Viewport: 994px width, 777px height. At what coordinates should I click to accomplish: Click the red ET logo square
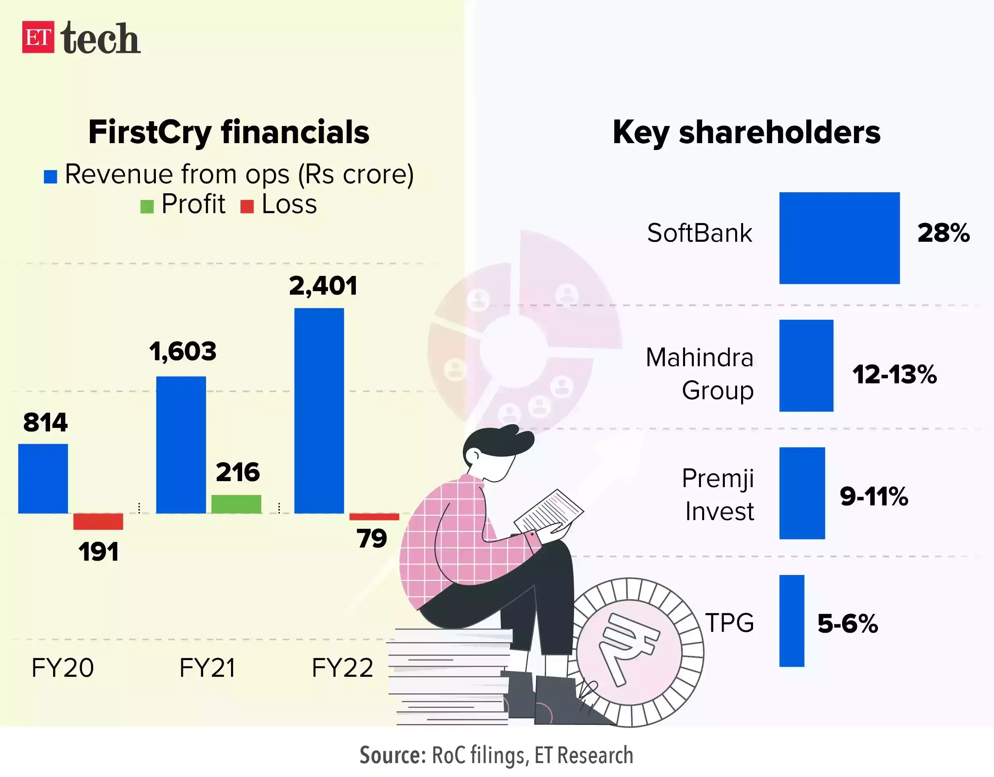click(x=38, y=37)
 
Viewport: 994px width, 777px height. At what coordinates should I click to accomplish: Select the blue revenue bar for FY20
click(x=43, y=478)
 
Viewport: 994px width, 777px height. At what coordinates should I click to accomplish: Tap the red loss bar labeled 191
click(x=98, y=522)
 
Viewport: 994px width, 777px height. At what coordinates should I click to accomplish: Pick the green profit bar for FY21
click(x=236, y=504)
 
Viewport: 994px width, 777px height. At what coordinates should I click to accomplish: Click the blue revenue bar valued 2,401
click(x=319, y=411)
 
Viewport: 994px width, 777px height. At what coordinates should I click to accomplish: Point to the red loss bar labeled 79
click(x=374, y=517)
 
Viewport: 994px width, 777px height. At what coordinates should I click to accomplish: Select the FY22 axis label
click(x=342, y=668)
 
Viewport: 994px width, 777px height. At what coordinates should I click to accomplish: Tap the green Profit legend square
click(x=147, y=207)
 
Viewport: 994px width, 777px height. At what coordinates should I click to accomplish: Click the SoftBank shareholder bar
click(x=839, y=238)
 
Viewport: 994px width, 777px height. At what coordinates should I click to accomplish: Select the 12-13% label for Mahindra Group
click(x=894, y=375)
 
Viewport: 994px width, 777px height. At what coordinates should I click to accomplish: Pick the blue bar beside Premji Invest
click(x=802, y=493)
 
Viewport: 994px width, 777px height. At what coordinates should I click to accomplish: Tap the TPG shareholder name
click(x=730, y=623)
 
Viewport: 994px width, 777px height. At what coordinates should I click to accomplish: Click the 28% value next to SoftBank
click(x=943, y=233)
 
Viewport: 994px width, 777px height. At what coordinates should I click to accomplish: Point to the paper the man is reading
click(x=548, y=510)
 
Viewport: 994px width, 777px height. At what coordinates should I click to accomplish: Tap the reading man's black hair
click(x=496, y=441)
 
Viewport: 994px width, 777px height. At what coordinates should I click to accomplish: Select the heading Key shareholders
click(x=746, y=132)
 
